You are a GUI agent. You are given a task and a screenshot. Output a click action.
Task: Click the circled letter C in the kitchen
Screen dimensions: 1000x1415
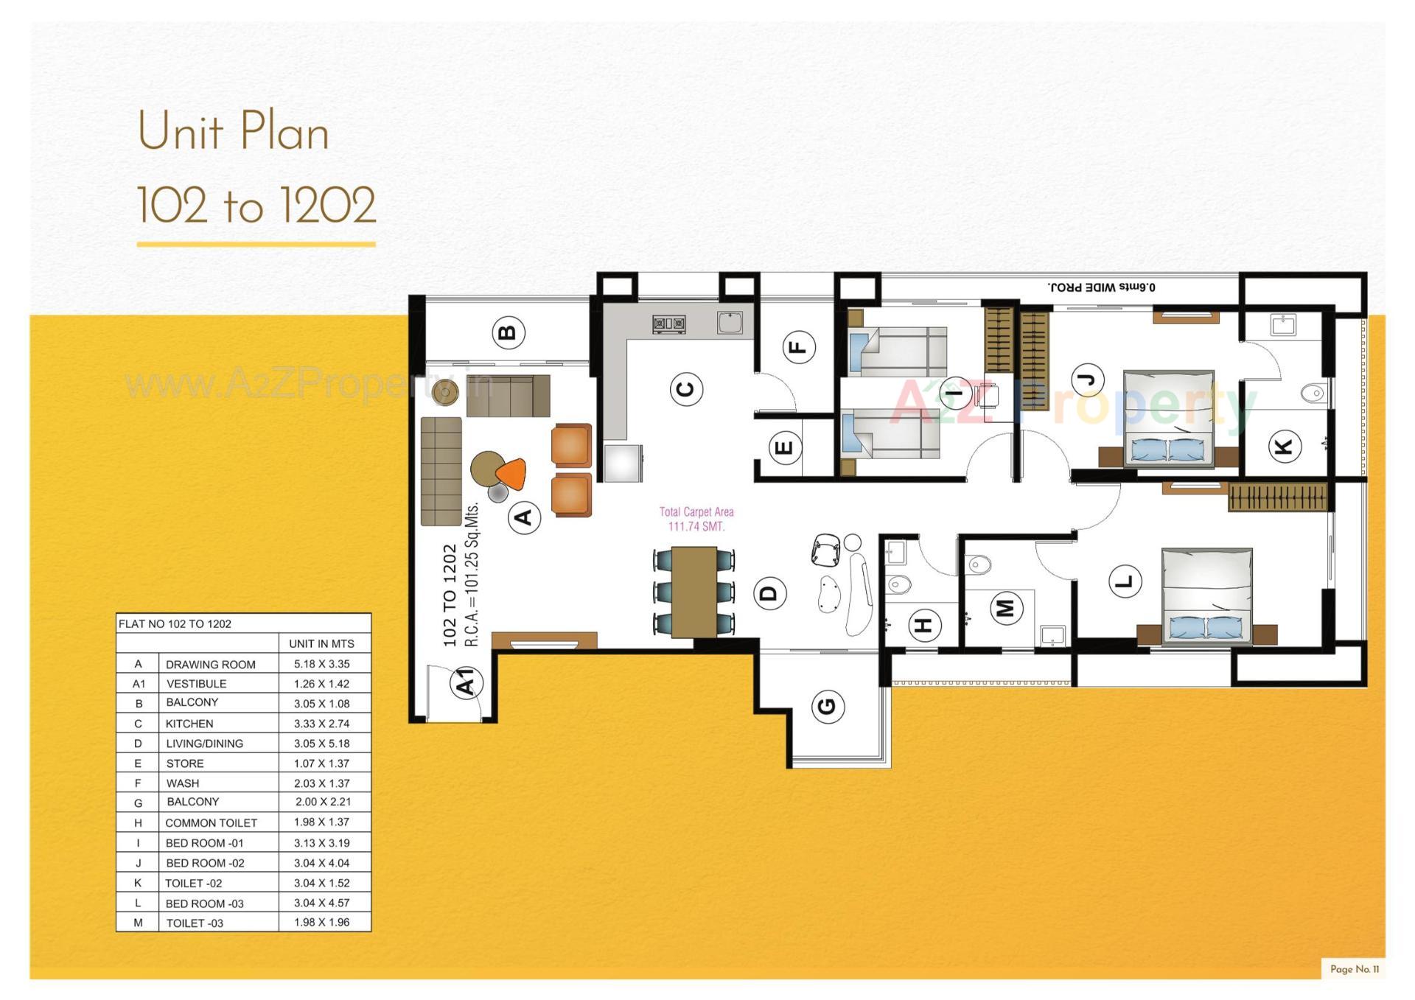[685, 388]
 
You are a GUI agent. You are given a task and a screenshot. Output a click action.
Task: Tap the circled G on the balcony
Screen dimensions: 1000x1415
[828, 706]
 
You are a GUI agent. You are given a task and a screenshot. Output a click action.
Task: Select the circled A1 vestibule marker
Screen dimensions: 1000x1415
[466, 682]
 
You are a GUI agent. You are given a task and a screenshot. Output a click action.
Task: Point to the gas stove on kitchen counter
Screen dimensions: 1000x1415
[668, 324]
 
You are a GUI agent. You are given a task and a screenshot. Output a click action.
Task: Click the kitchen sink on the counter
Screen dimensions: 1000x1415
[730, 322]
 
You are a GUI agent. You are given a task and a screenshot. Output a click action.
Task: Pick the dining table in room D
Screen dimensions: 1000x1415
[693, 592]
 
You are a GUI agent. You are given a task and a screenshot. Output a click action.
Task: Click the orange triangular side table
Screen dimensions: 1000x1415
[512, 474]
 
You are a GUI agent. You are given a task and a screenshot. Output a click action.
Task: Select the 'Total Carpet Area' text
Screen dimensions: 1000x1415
[696, 511]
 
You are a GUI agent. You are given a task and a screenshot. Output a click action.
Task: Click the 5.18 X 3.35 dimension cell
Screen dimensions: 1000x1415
[321, 664]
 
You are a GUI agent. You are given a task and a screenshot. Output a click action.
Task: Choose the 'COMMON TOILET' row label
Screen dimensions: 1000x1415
[211, 822]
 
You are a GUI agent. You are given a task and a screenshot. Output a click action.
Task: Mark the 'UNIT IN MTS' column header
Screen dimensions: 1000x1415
[321, 643]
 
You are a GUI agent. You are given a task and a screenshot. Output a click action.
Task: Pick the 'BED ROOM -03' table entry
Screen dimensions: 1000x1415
[204, 903]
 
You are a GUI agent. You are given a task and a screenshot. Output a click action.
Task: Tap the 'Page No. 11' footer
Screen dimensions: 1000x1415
[1354, 969]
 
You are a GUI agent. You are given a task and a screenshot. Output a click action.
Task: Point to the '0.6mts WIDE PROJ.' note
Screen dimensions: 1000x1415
[1101, 287]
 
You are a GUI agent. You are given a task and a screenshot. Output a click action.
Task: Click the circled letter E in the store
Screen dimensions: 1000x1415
[783, 447]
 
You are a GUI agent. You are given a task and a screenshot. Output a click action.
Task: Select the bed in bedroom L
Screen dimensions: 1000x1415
[1206, 595]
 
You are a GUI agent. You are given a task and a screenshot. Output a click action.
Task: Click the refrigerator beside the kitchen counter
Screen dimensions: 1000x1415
[623, 463]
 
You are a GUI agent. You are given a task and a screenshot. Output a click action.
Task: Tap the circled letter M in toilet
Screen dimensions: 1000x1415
[1005, 608]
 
